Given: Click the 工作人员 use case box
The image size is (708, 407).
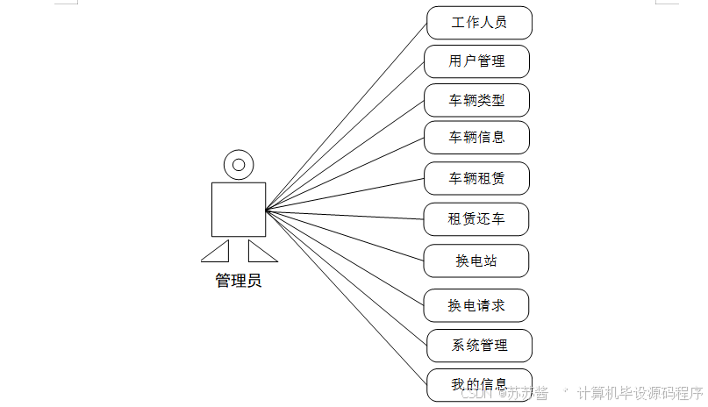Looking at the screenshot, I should (479, 23).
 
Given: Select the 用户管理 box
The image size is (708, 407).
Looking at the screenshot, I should (476, 61).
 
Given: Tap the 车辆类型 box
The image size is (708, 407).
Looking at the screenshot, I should (476, 101).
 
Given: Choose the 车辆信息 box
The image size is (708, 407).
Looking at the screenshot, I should (476, 138).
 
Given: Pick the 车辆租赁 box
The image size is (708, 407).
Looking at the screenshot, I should (476, 179).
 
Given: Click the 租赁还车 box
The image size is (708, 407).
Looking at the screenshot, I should (476, 218).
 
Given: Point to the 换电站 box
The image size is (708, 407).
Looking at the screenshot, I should (476, 261).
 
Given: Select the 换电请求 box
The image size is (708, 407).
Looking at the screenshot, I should (476, 305).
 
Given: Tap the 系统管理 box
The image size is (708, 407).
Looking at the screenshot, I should (479, 345).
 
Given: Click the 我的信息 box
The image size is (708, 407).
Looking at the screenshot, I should (479, 385).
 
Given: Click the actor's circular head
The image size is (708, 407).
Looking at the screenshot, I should (238, 164).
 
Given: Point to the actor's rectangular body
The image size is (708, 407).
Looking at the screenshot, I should (238, 209).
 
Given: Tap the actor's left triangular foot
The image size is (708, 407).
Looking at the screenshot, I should (217, 253).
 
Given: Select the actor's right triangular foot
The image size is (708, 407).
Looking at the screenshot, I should (261, 253).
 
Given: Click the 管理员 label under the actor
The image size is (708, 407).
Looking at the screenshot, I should (238, 282).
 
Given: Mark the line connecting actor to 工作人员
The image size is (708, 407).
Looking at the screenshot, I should (347, 116).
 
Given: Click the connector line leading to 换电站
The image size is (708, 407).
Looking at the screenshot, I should (344, 235).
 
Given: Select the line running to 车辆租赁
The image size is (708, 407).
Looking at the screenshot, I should (344, 195).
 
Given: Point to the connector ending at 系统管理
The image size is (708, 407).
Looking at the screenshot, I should (347, 278).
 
